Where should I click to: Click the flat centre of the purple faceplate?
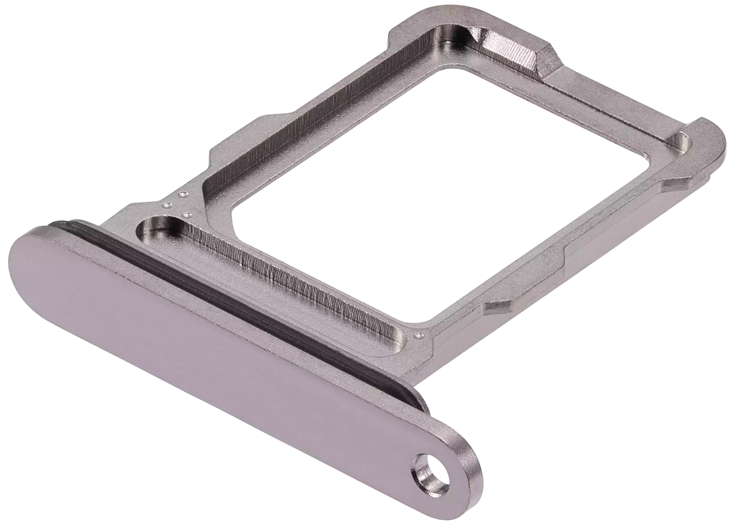tap(204, 347)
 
